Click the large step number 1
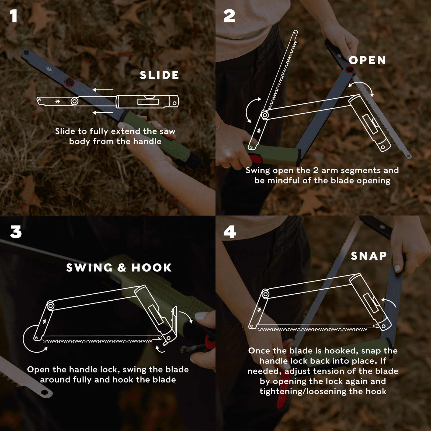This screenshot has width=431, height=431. coord(13,16)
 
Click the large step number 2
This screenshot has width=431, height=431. coord(229,16)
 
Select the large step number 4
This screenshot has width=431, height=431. coord(230,232)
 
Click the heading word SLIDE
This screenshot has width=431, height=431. coord(159,75)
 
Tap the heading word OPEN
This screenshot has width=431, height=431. coord(367,60)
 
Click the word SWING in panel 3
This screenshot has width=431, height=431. coord(89,267)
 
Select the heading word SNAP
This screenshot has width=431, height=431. coord(369,256)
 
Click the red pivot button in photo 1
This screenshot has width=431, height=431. coord(70,82)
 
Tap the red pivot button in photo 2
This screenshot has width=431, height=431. coord(350,70)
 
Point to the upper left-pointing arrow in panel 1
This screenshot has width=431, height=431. coord(103,90)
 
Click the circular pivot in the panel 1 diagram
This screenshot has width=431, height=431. coord(75,102)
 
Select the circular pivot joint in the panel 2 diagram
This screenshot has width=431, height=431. coord(265,115)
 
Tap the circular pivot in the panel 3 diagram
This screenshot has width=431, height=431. coord(50,306)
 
